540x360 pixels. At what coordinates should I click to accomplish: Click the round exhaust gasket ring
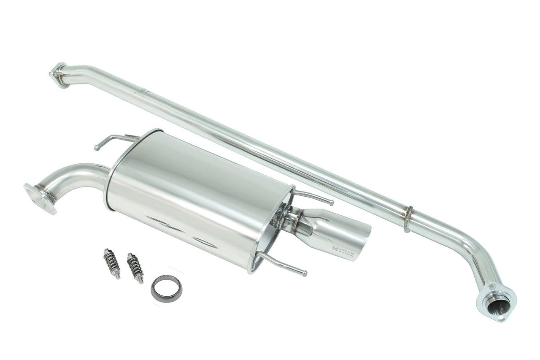pyautogui.click(x=166, y=289)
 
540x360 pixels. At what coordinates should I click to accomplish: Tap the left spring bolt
pyautogui.click(x=112, y=263)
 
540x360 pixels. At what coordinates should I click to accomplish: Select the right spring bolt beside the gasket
pyautogui.click(x=135, y=268)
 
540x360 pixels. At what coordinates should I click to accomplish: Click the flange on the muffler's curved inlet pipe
pyautogui.click(x=40, y=198)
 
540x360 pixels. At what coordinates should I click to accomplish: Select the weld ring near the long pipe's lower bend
pyautogui.click(x=408, y=219)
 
